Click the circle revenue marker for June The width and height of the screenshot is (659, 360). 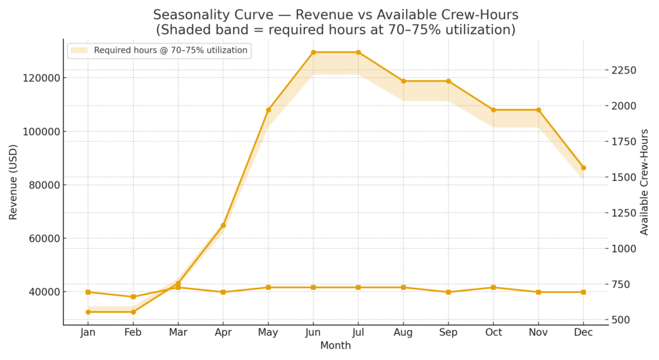point(313,52)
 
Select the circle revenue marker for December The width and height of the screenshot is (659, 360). point(584,167)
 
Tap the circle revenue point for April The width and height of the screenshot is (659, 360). point(223,225)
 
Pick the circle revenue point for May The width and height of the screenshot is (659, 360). point(268,110)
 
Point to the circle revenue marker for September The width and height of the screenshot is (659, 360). point(449,81)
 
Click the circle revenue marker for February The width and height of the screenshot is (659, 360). point(133,312)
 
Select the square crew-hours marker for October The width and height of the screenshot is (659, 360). point(494,287)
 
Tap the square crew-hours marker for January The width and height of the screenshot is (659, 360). point(88,292)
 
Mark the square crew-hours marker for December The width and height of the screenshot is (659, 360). point(584,292)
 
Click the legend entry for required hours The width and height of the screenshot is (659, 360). point(170,50)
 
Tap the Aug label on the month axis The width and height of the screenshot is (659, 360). point(404,332)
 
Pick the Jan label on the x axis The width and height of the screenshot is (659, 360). point(88,332)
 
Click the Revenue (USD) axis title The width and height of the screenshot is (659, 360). point(13,182)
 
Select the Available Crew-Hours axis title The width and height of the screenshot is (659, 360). point(645,182)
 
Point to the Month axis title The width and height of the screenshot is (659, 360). point(335,346)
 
